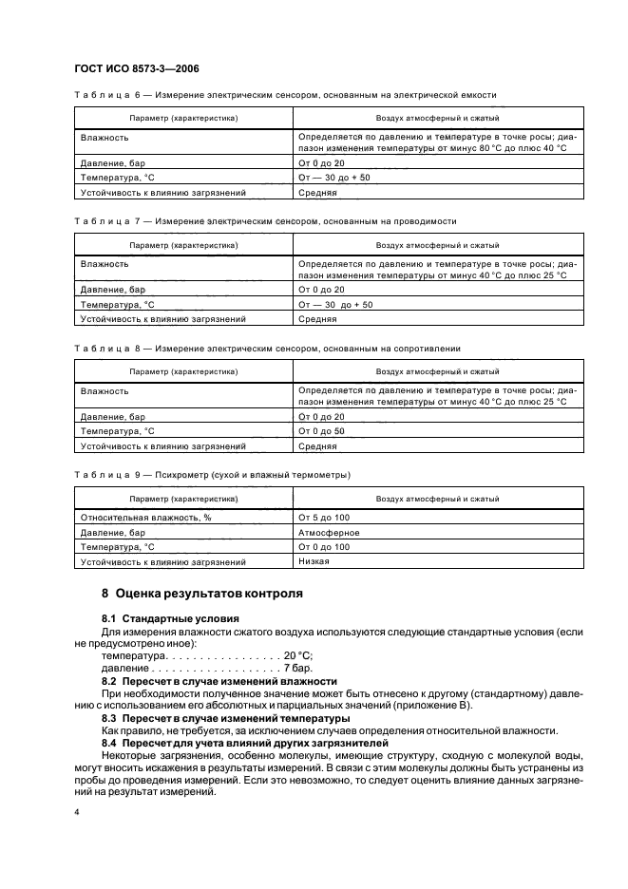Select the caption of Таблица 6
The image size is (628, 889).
pos(284,95)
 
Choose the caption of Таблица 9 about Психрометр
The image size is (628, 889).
pos(212,474)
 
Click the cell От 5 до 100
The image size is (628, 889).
pos(324,517)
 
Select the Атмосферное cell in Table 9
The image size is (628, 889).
pos(329,532)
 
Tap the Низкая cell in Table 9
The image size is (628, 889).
pos(314,561)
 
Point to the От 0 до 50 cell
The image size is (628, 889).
pos(321,431)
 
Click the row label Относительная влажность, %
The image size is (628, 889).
pos(145,517)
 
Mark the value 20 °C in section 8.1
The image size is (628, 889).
pos(298,656)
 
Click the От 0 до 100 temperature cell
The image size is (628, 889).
pos(324,547)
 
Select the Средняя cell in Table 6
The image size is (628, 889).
pos(318,192)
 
